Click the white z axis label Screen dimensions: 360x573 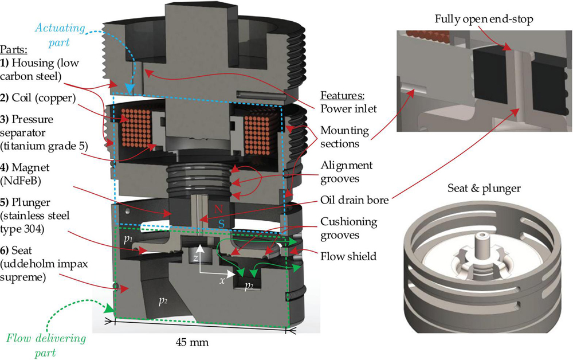click(x=197, y=258)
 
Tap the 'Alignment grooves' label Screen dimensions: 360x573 click(x=347, y=171)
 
